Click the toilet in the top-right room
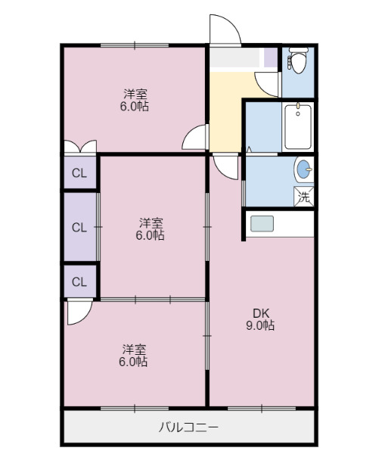pos(298,60)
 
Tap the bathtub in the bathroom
pos(298,127)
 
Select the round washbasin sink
pos(303,169)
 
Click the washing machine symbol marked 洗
pos(303,197)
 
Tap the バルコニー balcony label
pos(188,427)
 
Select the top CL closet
pos(79,173)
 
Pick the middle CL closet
pos(79,226)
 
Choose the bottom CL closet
pos(79,281)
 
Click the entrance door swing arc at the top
pos(225,29)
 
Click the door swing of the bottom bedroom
pos(77,311)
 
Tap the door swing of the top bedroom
pos(196,138)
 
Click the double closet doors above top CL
pos(79,147)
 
